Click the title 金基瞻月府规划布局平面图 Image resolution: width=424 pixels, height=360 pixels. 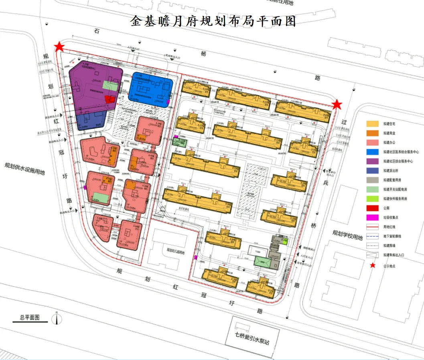213,21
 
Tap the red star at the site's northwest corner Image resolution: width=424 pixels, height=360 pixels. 60,47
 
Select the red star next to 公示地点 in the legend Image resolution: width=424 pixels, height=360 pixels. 373,265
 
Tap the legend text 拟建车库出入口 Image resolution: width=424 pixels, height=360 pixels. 395,255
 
